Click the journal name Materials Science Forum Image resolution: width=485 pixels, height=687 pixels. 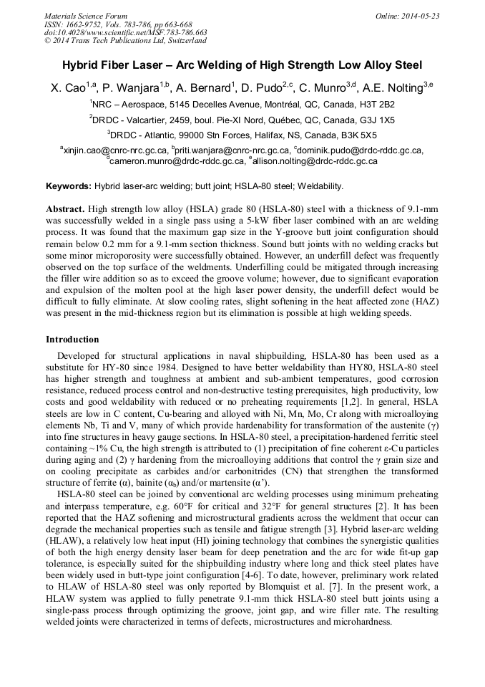click(86, 16)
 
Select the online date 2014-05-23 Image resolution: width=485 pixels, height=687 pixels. click(420, 16)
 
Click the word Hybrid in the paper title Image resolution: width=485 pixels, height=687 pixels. click(83, 64)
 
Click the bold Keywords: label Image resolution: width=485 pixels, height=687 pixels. click(69, 186)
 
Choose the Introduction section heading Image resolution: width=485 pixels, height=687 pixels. click(72, 339)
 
